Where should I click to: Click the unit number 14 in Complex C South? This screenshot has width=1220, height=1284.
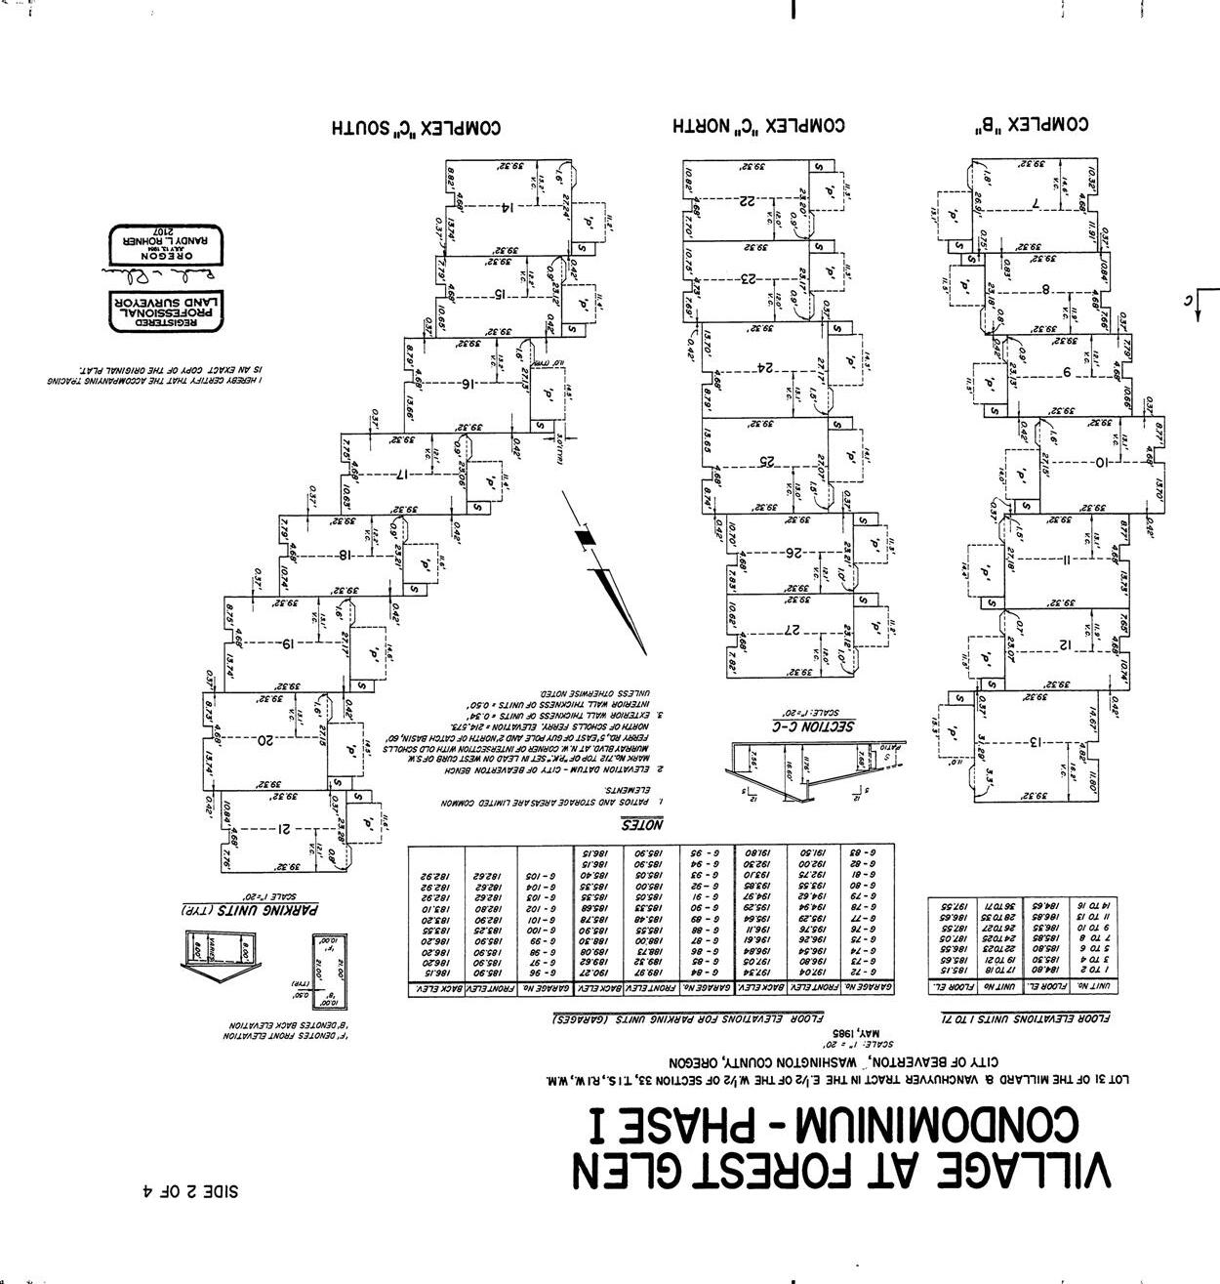tap(507, 207)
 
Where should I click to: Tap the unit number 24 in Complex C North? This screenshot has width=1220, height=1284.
tap(767, 367)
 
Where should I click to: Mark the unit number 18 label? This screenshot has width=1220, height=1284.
tap(345, 556)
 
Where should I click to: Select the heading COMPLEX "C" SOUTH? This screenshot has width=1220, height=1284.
tap(416, 128)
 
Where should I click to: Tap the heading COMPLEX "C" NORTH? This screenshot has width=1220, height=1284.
tap(758, 126)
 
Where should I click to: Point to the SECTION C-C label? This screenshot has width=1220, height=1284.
tap(817, 725)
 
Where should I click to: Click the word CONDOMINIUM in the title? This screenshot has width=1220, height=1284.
tap(937, 1123)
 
